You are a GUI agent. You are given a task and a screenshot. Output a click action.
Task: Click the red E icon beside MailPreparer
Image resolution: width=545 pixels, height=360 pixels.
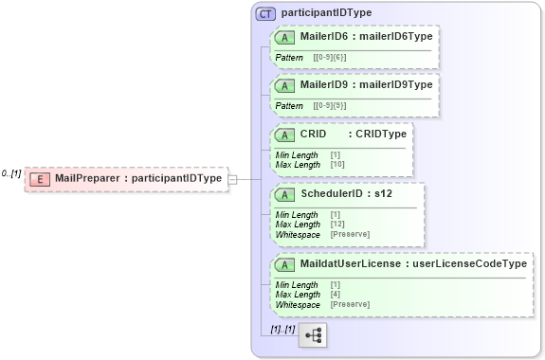(41, 178)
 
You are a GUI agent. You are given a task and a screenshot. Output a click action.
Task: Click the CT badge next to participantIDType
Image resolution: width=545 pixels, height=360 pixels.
(265, 13)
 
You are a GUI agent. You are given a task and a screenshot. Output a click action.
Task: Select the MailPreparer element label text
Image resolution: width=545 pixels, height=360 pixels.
(138, 178)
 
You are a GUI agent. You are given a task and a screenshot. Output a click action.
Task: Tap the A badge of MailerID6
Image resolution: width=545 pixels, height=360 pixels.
(284, 37)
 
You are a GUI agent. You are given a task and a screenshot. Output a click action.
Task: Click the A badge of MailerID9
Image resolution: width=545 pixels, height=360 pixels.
(284, 85)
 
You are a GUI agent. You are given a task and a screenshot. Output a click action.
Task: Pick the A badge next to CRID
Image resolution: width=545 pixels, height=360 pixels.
(284, 135)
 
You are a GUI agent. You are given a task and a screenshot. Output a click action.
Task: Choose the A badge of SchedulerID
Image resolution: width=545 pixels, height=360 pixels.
(284, 194)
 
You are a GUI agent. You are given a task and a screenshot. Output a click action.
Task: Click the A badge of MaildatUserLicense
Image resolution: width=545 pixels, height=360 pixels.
(284, 264)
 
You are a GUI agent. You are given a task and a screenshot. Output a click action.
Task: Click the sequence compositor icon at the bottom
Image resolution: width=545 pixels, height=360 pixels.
(312, 335)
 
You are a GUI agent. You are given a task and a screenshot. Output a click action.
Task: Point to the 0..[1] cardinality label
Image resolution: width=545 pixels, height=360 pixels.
(11, 173)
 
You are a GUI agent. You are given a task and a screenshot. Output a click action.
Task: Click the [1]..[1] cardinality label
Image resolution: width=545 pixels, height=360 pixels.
(282, 329)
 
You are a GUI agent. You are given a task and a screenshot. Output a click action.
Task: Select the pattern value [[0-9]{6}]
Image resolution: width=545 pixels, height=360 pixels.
(330, 58)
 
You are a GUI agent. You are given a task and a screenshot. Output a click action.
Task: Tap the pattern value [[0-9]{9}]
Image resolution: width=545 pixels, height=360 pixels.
(330, 106)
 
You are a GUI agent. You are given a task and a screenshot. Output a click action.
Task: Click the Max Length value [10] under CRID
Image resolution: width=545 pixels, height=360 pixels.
(338, 165)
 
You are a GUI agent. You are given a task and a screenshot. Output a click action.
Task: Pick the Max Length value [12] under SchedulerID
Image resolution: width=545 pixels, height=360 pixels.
(338, 225)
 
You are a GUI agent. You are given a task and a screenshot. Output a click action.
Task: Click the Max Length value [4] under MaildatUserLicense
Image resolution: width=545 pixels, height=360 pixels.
(336, 295)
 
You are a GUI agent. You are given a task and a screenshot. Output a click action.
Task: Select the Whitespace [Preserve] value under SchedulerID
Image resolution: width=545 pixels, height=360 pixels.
(350, 234)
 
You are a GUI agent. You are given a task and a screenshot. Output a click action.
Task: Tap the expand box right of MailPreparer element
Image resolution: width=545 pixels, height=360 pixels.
(232, 178)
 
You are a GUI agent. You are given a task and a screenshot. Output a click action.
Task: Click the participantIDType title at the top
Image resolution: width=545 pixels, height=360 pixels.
(326, 13)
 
